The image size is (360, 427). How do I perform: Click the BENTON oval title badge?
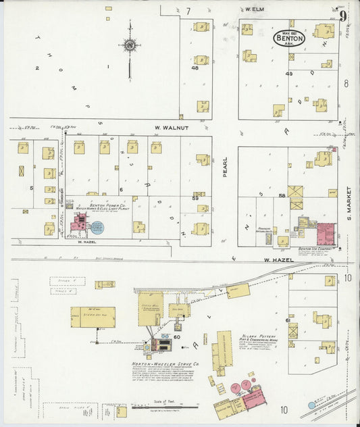[x=289, y=39]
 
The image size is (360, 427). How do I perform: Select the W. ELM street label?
[x=253, y=10]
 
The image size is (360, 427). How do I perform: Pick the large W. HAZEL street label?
[x=276, y=261]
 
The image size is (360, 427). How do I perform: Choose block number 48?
[x=195, y=68]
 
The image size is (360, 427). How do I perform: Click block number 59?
[x=195, y=198]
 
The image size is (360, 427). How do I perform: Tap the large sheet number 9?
[x=344, y=16]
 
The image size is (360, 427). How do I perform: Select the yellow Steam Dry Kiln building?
[x=93, y=317]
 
